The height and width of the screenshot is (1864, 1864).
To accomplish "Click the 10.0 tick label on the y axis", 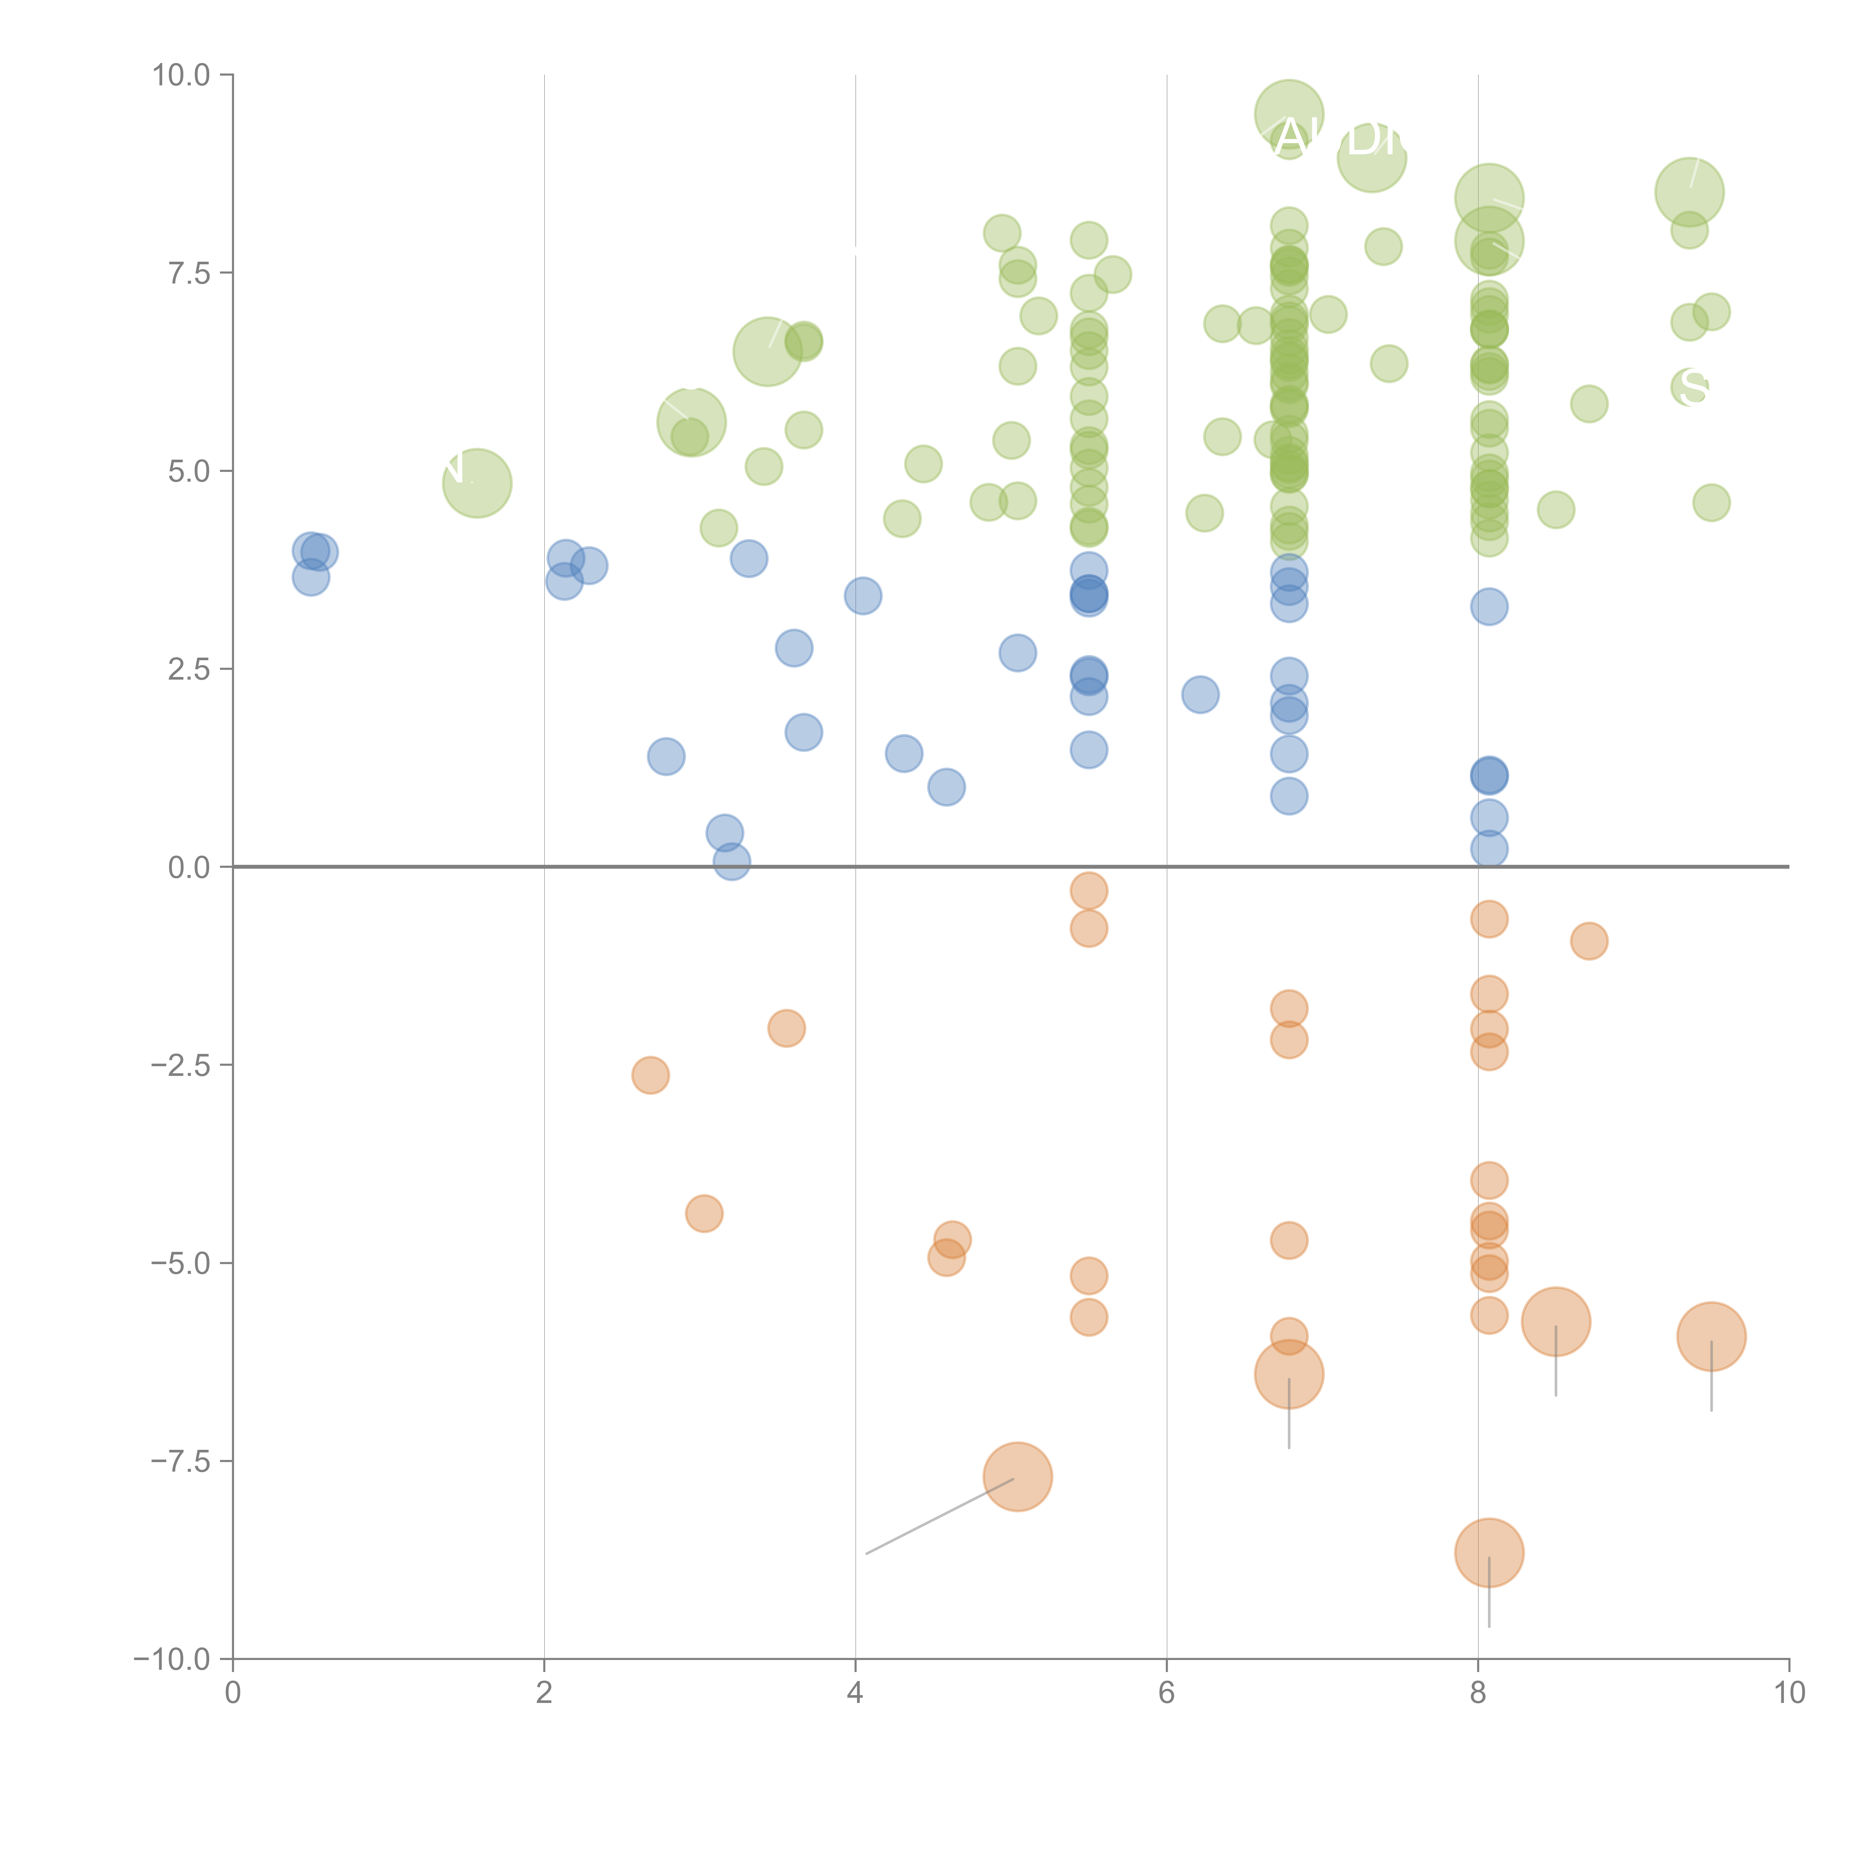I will (180, 75).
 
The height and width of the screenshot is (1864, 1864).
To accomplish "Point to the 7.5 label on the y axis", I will (188, 273).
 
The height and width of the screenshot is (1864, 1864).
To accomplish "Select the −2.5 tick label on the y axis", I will (180, 1065).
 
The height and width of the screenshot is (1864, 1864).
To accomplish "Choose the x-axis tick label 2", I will (544, 1693).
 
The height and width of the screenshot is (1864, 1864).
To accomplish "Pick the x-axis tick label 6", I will (1166, 1693).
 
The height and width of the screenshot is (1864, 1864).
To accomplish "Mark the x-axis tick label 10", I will (1789, 1693).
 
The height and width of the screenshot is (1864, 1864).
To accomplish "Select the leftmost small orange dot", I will (650, 1075).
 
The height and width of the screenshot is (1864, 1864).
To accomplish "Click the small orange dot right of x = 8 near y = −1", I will (1589, 941).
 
